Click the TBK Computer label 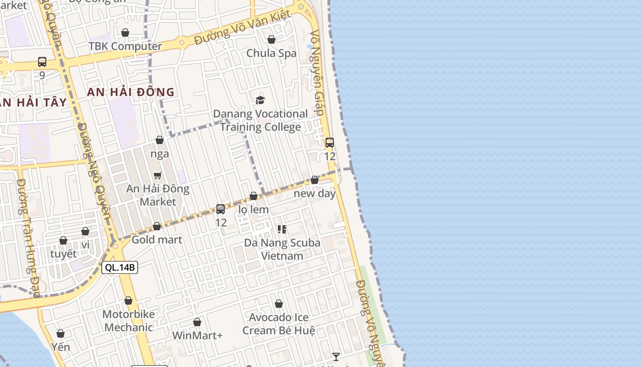(125, 46)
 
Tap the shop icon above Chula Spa (271, 39)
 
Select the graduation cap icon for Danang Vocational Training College (260, 100)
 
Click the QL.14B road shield (120, 267)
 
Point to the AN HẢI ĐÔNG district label (131, 92)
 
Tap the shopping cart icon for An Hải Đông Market (158, 175)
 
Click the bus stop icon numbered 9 (42, 61)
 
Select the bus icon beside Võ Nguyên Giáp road (330, 143)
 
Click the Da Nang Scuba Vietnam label (282, 249)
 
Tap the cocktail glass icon (336, 356)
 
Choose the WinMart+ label (197, 335)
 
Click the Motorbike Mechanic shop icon (128, 300)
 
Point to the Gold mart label (157, 239)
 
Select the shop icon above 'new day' (315, 180)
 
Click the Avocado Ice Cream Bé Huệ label (279, 324)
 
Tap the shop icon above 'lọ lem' (254, 196)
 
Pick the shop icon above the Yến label (61, 334)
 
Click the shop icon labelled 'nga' (160, 140)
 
